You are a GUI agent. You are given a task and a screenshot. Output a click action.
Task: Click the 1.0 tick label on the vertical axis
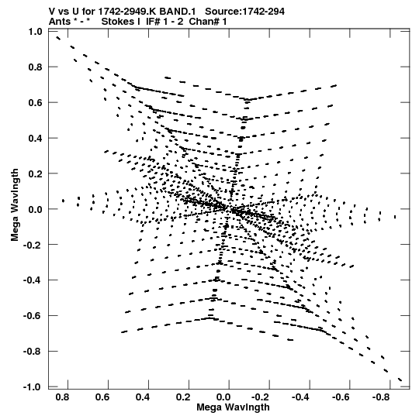coord(36,32)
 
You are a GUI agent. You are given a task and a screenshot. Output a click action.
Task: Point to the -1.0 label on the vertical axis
coord(33,387)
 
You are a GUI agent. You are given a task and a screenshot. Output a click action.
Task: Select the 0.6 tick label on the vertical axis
coord(36,102)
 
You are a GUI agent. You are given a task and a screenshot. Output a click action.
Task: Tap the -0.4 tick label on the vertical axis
coord(33,280)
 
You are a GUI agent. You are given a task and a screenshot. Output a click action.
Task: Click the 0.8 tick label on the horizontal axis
coord(62,397)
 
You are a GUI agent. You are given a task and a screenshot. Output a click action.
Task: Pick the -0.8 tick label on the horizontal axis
coord(381,397)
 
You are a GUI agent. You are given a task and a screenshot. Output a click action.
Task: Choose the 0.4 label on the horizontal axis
coord(143,397)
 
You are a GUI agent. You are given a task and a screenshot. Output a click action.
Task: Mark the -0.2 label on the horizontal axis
coord(260,397)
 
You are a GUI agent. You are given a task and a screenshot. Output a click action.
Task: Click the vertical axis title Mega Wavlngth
coord(15,205)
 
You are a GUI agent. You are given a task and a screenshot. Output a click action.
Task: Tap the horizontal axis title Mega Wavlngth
coord(233,407)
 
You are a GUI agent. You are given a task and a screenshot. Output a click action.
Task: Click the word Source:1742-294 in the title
coord(244,12)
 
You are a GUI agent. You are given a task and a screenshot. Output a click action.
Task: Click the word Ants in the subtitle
coord(60,22)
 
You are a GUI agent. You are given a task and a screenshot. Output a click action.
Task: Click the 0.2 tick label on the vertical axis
coord(36,173)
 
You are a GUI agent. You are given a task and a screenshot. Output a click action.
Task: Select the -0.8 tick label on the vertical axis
coord(33,352)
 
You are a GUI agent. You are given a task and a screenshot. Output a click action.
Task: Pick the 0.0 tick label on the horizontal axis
coord(223,397)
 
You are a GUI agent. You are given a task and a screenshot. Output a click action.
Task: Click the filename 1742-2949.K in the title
coord(127,12)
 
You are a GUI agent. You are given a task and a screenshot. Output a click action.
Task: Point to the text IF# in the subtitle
coord(153,22)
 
